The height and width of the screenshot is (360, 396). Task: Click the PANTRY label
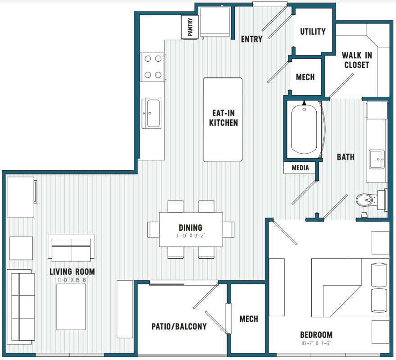190,27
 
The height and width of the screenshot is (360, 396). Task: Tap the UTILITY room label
313,32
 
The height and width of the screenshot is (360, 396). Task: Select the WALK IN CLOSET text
357,60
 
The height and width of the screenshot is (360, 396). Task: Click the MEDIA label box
300,168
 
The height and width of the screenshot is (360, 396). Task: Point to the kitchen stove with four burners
153,67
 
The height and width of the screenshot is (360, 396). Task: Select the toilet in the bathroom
371,200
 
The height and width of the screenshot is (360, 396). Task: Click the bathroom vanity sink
377,159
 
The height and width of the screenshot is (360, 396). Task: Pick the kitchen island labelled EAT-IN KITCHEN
223,119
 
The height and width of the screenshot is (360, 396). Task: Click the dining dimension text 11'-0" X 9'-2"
191,236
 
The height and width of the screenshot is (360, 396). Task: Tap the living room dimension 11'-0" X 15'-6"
73,280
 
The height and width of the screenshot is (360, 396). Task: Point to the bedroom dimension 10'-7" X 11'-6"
316,343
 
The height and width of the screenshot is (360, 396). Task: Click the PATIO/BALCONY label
179,327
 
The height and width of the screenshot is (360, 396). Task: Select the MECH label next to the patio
249,319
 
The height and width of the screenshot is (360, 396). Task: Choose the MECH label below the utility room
305,77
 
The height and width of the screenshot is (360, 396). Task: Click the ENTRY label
251,39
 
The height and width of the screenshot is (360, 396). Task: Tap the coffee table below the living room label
71,307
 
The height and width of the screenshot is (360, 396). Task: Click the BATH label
346,157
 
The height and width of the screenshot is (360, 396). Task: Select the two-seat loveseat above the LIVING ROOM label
71,248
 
